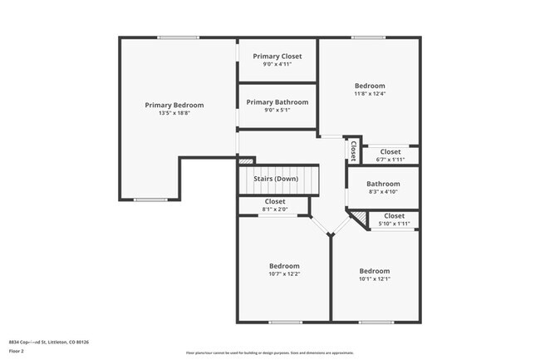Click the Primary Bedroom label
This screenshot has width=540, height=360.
point(174,105)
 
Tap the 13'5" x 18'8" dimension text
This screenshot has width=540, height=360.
point(174,113)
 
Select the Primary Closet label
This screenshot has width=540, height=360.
point(277,56)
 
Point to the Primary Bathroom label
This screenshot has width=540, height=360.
point(277,101)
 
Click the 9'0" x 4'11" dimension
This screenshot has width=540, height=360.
point(277,64)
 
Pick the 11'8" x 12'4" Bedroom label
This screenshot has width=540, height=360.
point(370,86)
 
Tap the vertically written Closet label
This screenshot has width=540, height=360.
point(353,150)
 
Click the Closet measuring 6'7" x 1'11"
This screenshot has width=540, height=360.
point(390,151)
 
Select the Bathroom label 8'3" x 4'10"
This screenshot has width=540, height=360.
point(383,184)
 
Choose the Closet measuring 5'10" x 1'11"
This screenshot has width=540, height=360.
point(394,216)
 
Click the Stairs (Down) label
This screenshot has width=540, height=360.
point(276,179)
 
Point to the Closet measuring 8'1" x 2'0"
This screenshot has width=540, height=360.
point(275,201)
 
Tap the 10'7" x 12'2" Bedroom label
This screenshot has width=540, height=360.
point(284,266)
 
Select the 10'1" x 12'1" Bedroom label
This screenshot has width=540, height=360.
point(374,270)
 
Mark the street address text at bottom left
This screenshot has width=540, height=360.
point(49,341)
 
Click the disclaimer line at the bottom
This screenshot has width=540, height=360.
point(269,353)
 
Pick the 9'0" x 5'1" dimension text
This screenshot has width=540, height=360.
point(277,110)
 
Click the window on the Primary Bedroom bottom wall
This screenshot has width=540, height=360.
point(150,200)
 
